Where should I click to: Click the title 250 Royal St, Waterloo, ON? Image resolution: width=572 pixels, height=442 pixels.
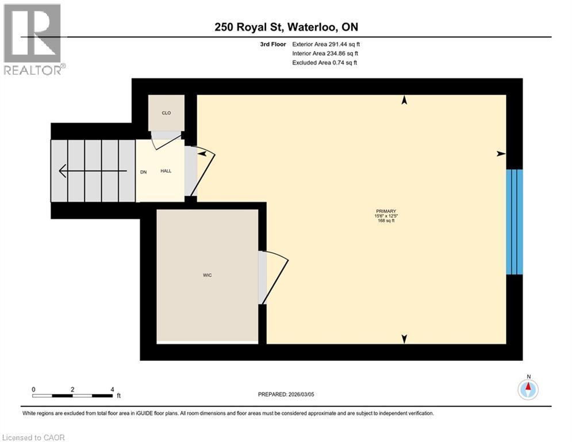click(x=286, y=27)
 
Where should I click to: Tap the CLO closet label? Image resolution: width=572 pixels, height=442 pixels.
click(x=166, y=113)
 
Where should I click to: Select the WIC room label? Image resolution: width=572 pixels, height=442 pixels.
click(x=208, y=276)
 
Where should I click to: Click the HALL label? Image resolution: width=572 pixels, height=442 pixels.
click(x=166, y=171)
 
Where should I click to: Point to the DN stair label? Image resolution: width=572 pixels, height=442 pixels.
click(x=144, y=171)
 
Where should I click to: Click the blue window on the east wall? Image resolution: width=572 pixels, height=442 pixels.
click(x=515, y=222)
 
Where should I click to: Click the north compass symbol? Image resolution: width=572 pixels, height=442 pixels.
click(x=528, y=388)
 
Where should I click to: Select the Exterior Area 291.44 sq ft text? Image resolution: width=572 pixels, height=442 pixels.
click(x=326, y=44)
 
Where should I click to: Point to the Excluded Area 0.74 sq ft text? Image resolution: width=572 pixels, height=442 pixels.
click(x=324, y=62)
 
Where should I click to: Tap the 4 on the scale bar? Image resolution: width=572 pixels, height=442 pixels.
click(x=112, y=389)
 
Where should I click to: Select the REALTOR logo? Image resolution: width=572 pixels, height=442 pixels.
click(x=33, y=39)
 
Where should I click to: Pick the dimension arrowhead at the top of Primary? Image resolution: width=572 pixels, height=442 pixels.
click(x=404, y=100)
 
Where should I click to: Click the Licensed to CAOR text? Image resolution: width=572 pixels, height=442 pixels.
click(x=33, y=437)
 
